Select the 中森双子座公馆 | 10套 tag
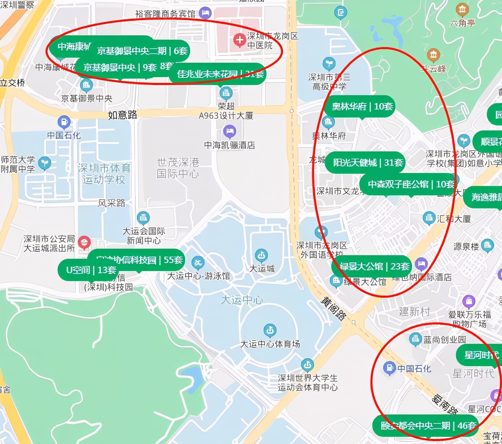pyautogui.click(x=411, y=185)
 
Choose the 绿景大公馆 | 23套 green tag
pyautogui.click(x=375, y=266)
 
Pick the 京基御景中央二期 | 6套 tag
pyautogui.click(x=142, y=51)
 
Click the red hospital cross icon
pyautogui.click(x=239, y=40)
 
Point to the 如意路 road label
pyautogui.click(x=122, y=115)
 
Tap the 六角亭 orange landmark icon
pyautogui.click(x=462, y=10)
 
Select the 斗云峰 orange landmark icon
pyautogui.click(x=434, y=55)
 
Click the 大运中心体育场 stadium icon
pyautogui.click(x=270, y=330)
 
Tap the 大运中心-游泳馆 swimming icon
pyautogui.click(x=198, y=263)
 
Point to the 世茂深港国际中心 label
pyautogui.click(x=178, y=168)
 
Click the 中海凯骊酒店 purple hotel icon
pyautogui.click(x=229, y=131)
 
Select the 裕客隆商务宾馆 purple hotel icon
pyautogui.click(x=205, y=13)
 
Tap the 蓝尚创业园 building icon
pyautogui.click(x=415, y=339)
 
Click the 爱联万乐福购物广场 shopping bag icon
pyautogui.click(x=469, y=301)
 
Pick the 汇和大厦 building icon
pyautogui.click(x=429, y=218)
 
